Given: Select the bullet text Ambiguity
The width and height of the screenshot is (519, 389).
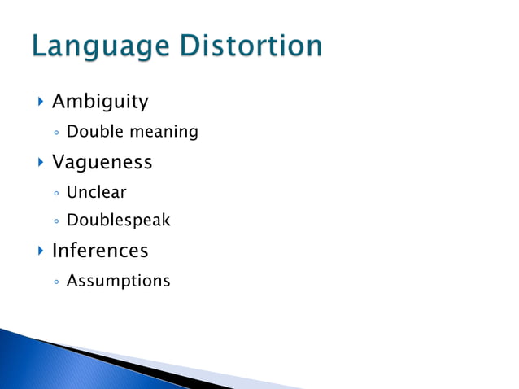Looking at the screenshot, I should (x=100, y=102).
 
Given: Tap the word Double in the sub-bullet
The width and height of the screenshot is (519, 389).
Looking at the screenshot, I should (x=90, y=131).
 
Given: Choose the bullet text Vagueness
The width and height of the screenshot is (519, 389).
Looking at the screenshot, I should (x=102, y=162).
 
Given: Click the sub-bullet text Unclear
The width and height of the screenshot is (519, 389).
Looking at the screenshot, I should (x=96, y=193).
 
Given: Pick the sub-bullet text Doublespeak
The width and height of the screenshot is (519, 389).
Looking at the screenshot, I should (x=118, y=221).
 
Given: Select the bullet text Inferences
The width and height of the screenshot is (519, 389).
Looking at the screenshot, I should (x=100, y=250).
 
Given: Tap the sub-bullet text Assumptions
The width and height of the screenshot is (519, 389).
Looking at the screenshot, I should (x=118, y=281).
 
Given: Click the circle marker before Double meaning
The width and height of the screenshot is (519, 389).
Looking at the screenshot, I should (x=55, y=132).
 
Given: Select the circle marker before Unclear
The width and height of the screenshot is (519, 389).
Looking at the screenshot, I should (x=55, y=194).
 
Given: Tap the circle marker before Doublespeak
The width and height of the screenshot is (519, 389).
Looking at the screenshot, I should (x=55, y=221).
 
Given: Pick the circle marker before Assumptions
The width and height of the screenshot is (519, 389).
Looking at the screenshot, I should (x=55, y=282).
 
